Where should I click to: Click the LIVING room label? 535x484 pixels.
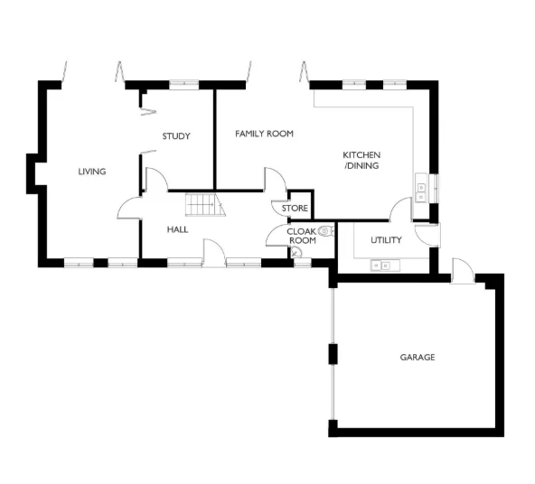92,172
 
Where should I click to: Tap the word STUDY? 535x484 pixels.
176,136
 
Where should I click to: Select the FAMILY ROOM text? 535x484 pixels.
264,134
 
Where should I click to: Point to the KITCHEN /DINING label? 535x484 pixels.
361,160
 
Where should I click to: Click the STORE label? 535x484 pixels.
295,209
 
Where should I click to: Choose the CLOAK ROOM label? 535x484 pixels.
301,236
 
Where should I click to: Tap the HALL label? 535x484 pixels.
177,229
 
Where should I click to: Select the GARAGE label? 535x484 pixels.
418,358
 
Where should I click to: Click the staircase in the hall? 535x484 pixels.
204,206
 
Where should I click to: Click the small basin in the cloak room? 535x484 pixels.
296,254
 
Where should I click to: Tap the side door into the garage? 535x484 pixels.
462,269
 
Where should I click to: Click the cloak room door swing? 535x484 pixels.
277,237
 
